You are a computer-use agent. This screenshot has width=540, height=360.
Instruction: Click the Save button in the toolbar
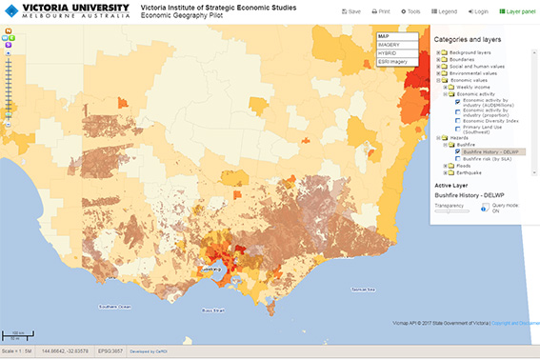point(350,11)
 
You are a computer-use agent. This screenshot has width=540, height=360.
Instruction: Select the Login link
point(477,11)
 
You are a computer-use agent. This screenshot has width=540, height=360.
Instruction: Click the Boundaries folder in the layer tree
point(463,59)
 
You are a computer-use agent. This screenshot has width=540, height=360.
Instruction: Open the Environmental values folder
point(474,73)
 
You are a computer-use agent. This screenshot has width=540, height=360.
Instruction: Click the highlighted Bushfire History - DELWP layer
point(490,150)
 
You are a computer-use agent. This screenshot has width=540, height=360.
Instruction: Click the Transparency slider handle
point(439,210)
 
